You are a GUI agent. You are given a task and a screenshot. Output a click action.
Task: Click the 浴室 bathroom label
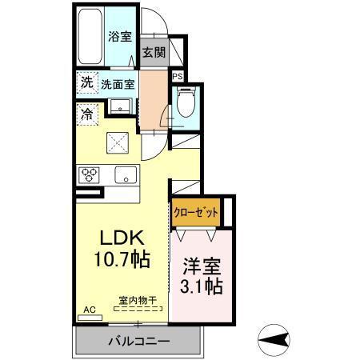point(120,35)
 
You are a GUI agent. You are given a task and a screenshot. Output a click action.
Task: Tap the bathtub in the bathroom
point(90,38)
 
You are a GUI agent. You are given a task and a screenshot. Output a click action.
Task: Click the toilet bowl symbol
point(185,102)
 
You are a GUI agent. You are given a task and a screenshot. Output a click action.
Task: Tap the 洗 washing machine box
point(86,82)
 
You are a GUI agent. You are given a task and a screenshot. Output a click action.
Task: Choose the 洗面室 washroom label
point(118,82)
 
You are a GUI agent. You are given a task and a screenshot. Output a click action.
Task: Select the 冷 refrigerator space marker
point(86,114)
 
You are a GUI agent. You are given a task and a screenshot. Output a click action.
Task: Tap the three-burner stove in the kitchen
point(88,174)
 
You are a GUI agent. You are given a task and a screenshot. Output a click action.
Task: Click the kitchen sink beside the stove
point(125,174)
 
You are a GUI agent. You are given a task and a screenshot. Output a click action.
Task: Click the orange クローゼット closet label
point(195,213)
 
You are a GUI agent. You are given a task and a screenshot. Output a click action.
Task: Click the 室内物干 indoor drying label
point(137,299)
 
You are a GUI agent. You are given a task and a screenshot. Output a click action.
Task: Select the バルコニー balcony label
point(138,341)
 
